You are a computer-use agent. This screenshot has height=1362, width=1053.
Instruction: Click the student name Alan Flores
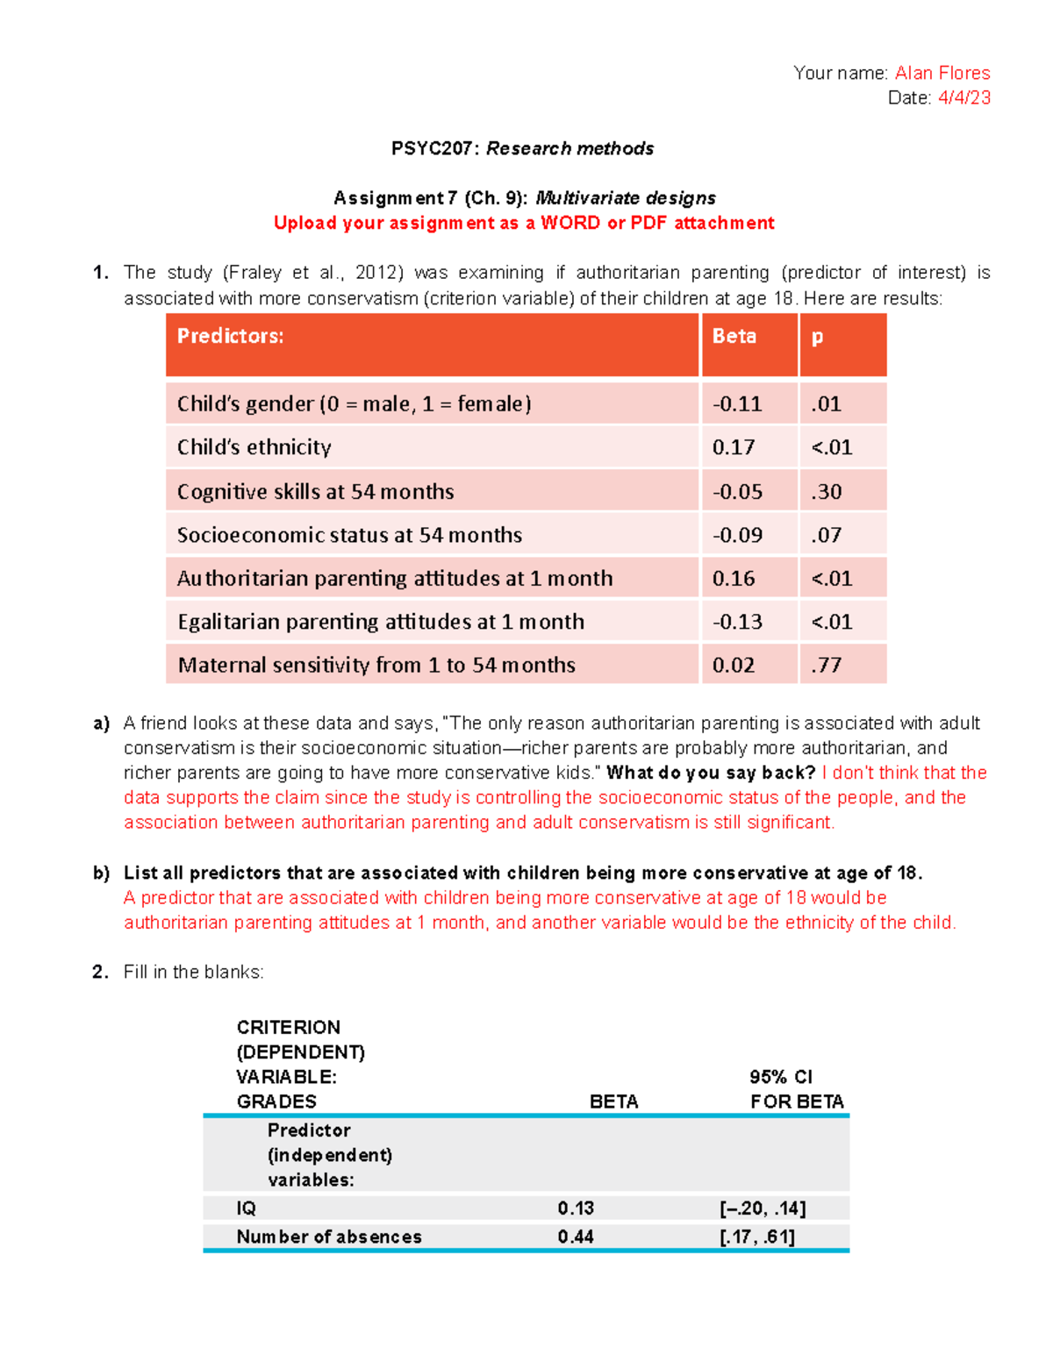(942, 73)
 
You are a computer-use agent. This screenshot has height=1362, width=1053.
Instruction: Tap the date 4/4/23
(963, 97)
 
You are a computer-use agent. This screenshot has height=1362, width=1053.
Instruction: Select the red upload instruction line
(524, 223)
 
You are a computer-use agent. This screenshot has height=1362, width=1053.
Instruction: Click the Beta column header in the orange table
(734, 336)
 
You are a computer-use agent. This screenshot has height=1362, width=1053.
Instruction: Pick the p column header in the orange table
(817, 336)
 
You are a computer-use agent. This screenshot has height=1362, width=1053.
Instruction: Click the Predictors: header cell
(231, 336)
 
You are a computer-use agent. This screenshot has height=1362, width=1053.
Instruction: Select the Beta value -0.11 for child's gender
(737, 404)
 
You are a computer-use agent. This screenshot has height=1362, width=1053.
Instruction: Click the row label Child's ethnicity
(254, 447)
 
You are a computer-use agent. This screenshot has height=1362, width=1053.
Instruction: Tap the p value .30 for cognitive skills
(826, 492)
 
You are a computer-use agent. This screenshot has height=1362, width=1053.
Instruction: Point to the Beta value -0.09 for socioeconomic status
(737, 535)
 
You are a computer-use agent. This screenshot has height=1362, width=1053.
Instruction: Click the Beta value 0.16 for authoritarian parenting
(734, 579)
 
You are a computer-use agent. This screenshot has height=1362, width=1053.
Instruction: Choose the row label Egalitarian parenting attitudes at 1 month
(381, 622)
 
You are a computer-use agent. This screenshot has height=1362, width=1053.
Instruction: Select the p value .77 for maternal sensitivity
(826, 665)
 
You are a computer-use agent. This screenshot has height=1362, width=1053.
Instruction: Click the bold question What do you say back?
(711, 773)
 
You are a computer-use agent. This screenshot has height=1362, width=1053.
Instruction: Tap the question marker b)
(102, 873)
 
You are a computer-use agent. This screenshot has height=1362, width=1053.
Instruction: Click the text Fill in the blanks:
(193, 972)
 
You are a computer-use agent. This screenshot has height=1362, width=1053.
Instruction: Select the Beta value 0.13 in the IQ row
(576, 1208)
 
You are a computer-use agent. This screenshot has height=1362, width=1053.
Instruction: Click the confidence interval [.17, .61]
(756, 1237)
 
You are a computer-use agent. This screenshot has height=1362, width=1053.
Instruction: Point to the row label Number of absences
(329, 1237)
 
